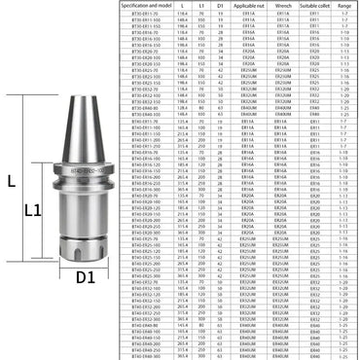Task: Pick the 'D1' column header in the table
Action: click(x=221, y=5)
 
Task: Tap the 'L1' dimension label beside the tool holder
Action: click(x=32, y=209)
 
